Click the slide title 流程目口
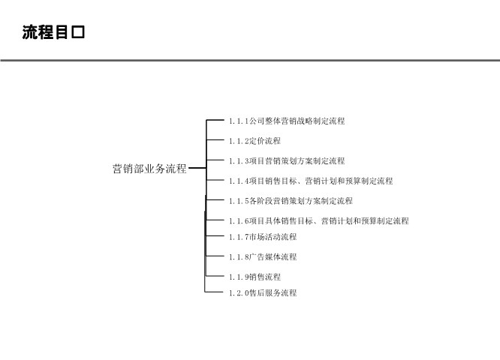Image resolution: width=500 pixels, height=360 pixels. (x=53, y=32)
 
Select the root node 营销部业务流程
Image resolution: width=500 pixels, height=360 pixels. (x=149, y=169)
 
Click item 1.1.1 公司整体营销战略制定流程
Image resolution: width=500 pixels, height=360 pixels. (x=287, y=121)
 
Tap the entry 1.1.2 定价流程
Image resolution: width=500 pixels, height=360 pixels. (x=255, y=141)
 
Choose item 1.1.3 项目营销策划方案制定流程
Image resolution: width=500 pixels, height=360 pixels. (x=287, y=161)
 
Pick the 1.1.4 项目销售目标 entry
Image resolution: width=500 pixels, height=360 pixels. (x=311, y=181)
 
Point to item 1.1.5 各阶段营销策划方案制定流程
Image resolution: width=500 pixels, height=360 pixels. (x=291, y=201)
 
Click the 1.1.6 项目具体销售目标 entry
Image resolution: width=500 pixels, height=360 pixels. (x=318, y=220)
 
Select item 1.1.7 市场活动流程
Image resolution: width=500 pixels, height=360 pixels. (x=263, y=237)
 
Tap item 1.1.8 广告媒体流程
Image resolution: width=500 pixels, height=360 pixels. (x=263, y=256)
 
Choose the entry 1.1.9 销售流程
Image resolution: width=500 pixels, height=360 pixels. (x=255, y=277)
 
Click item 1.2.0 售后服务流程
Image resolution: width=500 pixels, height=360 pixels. (x=263, y=292)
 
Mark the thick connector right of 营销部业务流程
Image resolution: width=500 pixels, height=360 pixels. (x=197, y=168)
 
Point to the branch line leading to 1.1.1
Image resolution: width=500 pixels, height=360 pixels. (x=215, y=120)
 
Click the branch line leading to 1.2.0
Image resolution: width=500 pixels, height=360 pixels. (x=214, y=292)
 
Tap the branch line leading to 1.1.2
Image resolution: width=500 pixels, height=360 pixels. (x=215, y=139)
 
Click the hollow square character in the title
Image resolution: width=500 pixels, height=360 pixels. (x=78, y=32)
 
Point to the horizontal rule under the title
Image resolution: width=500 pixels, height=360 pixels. (x=250, y=60)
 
